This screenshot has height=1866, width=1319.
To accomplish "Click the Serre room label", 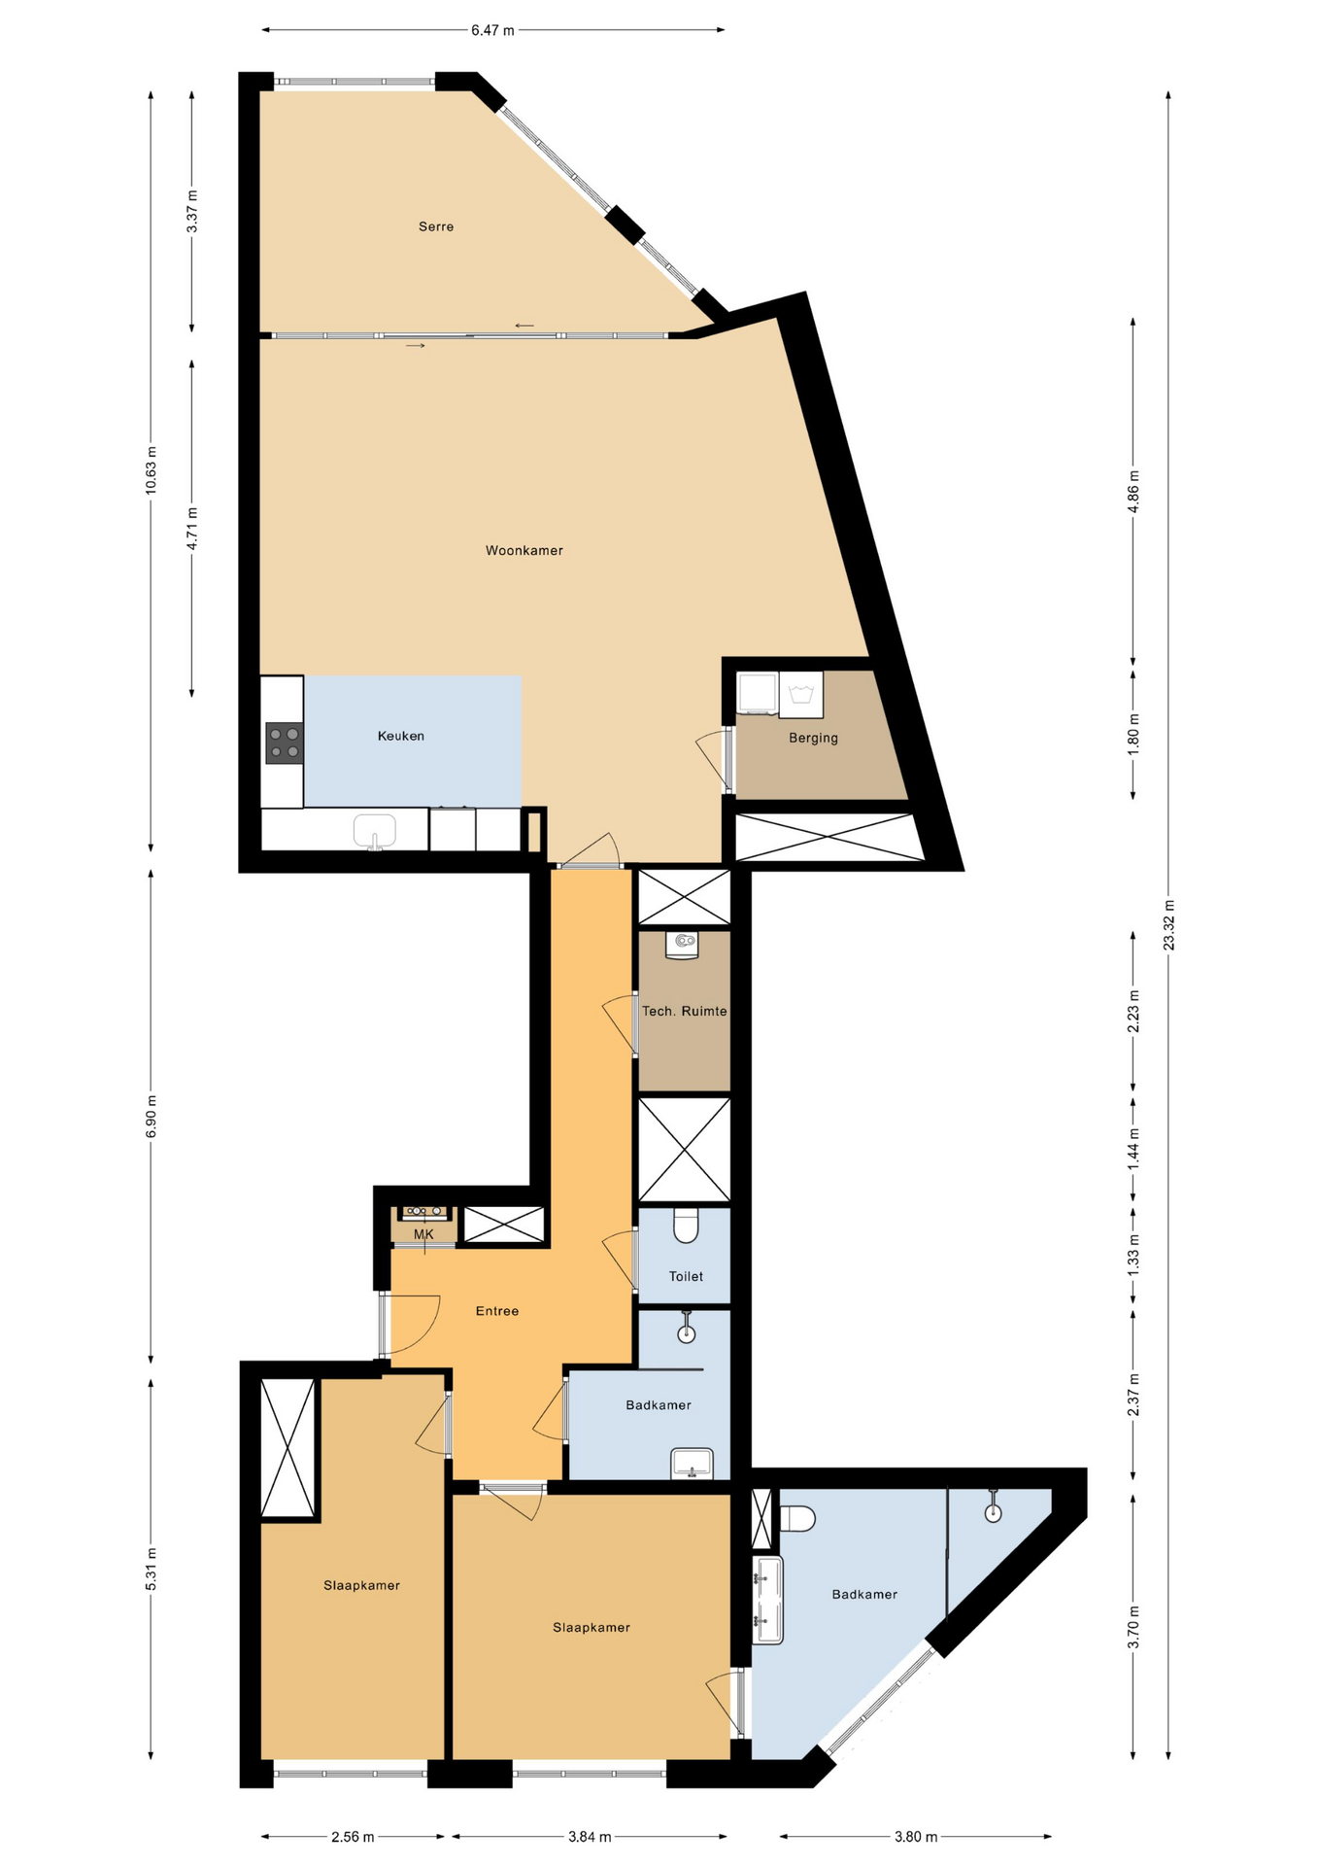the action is click(436, 226).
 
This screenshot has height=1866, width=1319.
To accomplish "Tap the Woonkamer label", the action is click(524, 550).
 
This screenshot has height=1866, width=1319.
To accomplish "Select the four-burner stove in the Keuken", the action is click(285, 743).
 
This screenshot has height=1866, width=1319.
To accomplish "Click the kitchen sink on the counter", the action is click(375, 832).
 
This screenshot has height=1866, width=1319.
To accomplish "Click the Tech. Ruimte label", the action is click(684, 1011).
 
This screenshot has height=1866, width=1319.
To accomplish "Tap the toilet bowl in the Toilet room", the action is click(686, 1226).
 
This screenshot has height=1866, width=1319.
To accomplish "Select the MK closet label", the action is click(423, 1234).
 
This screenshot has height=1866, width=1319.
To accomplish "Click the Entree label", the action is click(497, 1311).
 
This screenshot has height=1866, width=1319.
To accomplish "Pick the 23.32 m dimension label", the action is click(1169, 925).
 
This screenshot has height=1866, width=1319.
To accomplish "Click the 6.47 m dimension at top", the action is click(492, 30).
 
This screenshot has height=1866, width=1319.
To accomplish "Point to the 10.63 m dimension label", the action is click(151, 470).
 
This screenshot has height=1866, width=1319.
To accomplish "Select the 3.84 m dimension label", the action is click(590, 1837).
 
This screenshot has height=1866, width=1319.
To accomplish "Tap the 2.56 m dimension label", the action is click(353, 1837).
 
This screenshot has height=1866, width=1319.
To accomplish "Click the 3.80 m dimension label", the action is click(916, 1837).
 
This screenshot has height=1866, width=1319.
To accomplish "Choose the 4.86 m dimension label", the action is click(1133, 492).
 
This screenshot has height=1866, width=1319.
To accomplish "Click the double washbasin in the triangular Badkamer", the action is click(768, 1600).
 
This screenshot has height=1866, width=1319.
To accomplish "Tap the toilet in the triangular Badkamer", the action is click(797, 1518).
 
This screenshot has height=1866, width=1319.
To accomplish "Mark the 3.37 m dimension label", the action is click(192, 211).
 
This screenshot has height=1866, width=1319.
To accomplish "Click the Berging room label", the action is click(813, 738).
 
